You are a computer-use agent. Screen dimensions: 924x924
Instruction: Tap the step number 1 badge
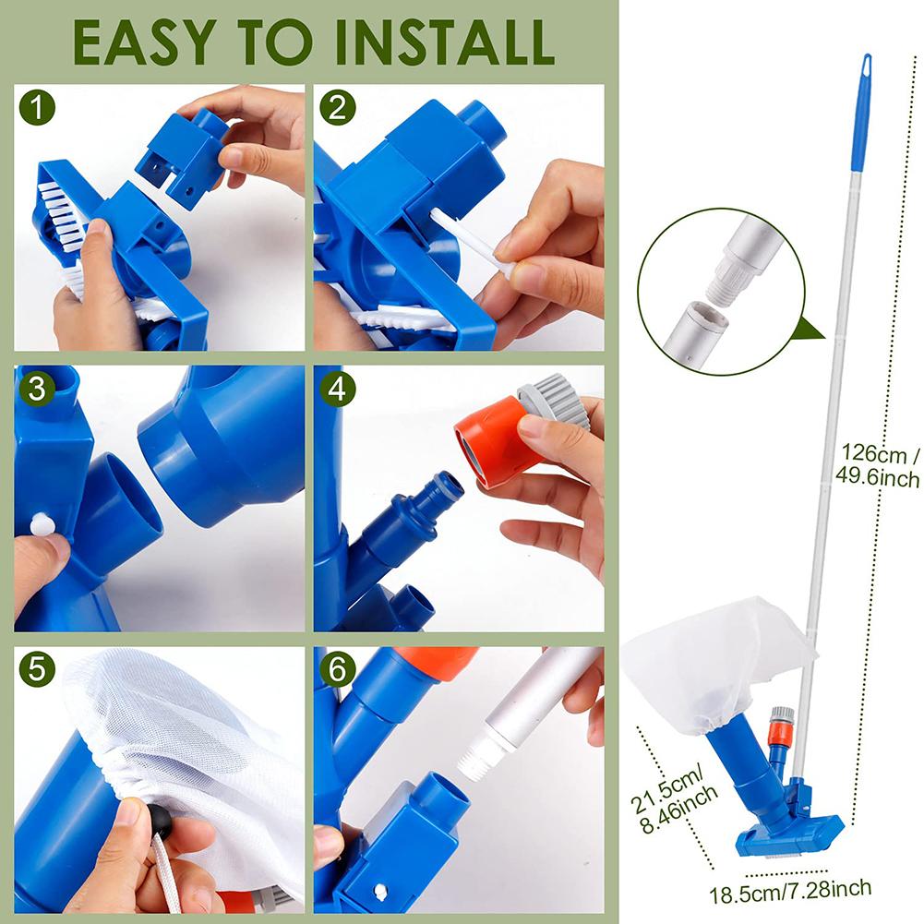click(37, 109)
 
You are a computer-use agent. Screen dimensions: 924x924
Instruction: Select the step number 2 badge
click(338, 109)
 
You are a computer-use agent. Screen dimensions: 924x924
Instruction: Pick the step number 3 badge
click(37, 389)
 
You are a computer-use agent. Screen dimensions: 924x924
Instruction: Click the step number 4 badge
click(338, 389)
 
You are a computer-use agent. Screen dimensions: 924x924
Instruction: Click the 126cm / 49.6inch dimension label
click(880, 465)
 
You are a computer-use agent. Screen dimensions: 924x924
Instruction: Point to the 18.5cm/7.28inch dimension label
click(789, 889)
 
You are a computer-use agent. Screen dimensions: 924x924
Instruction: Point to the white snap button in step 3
click(41, 525)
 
